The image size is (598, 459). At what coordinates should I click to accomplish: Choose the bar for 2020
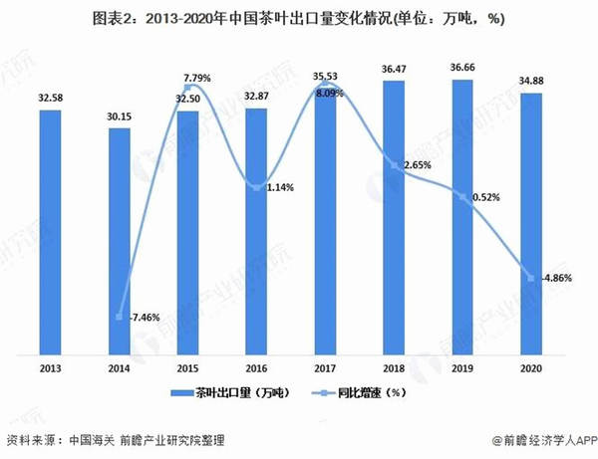click(x=530, y=224)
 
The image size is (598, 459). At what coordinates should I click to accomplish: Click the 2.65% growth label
click(x=417, y=163)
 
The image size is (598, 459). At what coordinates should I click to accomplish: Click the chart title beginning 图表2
click(x=298, y=18)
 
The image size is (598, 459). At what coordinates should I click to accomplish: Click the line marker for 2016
click(x=256, y=187)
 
